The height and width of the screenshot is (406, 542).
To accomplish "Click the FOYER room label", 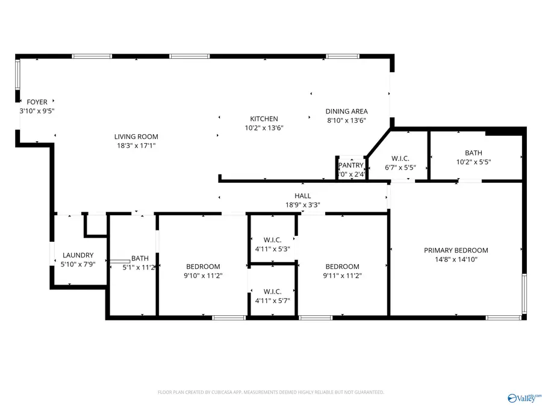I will pyautogui.click(x=37, y=102).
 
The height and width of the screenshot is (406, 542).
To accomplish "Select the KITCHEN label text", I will pyautogui.click(x=264, y=119).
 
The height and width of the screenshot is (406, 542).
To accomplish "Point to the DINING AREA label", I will pyautogui.click(x=346, y=111).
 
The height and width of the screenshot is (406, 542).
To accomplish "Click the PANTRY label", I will pyautogui.click(x=351, y=165).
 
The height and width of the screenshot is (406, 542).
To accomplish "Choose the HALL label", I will pyautogui.click(x=302, y=195).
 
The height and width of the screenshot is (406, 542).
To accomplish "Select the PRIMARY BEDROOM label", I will pyautogui.click(x=456, y=250).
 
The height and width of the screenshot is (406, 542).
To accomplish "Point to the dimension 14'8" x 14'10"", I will pyautogui.click(x=456, y=259).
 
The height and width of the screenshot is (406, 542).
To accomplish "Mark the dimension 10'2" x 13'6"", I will pyautogui.click(x=264, y=128).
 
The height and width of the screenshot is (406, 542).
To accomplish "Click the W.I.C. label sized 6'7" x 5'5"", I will pyautogui.click(x=400, y=159).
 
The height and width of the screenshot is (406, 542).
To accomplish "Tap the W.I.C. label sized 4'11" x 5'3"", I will pyautogui.click(x=272, y=240).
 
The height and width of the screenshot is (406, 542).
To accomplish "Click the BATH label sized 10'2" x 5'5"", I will pyautogui.click(x=473, y=153).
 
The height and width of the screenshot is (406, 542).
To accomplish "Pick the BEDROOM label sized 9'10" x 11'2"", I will pyautogui.click(x=203, y=266).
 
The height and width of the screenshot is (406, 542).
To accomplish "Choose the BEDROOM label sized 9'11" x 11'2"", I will pyautogui.click(x=342, y=266).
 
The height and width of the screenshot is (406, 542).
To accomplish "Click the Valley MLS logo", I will pyautogui.click(x=523, y=398).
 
